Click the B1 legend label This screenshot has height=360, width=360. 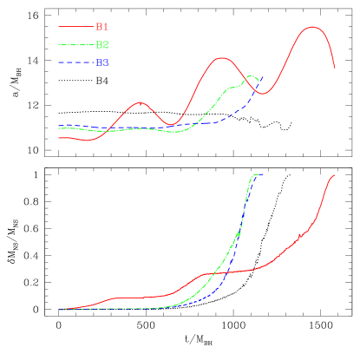(101, 27)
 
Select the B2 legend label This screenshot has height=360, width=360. (101, 44)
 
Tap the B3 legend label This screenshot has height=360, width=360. (101, 62)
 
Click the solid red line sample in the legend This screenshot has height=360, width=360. (75, 27)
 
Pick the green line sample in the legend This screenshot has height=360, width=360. (75, 44)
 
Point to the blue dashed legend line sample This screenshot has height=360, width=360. (75, 62)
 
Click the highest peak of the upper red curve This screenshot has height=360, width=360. (312, 27)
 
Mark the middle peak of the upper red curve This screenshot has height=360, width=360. (222, 58)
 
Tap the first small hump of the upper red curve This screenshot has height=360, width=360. (141, 102)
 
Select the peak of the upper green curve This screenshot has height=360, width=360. (252, 75)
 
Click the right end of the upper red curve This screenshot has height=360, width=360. (336, 68)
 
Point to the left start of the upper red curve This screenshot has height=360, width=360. (59, 138)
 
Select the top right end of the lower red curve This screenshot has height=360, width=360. (335, 175)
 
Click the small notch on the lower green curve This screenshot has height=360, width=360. (238, 234)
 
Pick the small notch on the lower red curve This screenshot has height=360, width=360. (299, 235)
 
